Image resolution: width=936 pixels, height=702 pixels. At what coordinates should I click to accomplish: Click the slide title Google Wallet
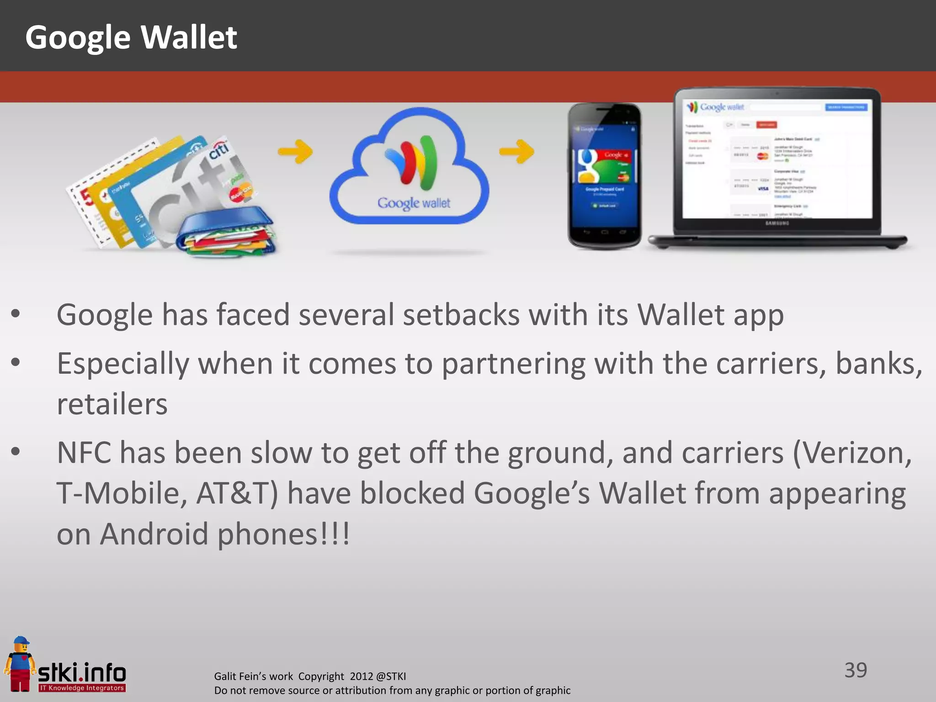point(131,37)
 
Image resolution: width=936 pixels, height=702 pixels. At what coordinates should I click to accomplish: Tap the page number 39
point(855,670)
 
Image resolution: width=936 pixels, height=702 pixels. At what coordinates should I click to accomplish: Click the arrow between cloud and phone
point(516,151)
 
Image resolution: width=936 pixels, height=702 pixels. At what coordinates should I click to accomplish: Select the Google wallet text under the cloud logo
point(414,203)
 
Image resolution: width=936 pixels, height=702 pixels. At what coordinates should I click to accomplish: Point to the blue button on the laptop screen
point(846,107)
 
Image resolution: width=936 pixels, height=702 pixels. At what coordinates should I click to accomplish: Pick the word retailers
point(112,404)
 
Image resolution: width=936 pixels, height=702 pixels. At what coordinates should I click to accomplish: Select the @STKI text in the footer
point(391,676)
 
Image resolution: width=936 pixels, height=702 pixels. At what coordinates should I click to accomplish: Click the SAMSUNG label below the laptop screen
point(777,223)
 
